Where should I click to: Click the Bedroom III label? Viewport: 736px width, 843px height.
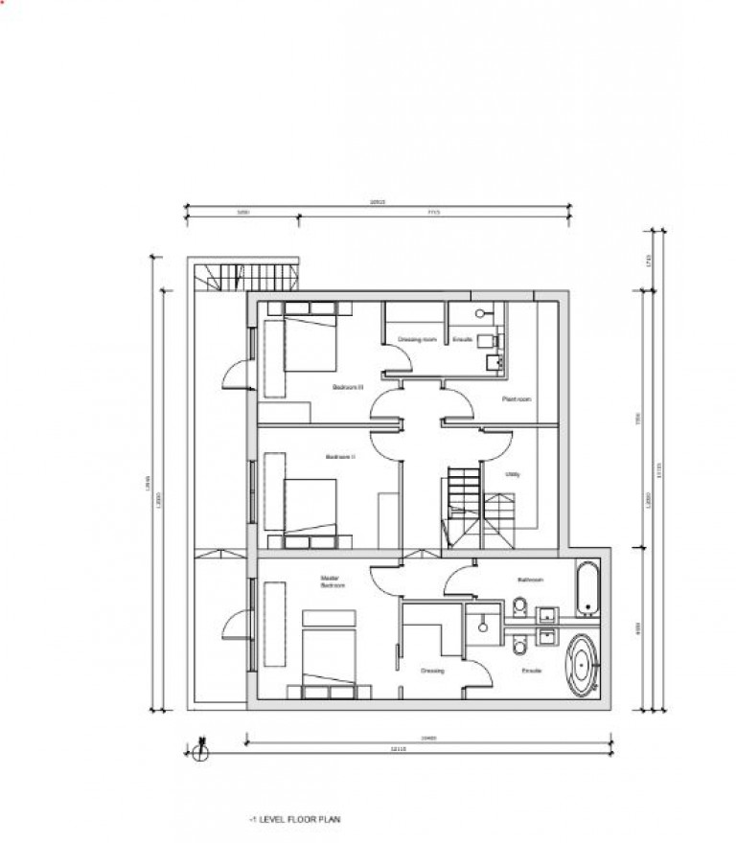point(347,387)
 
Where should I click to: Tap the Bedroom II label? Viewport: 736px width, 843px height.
point(340,457)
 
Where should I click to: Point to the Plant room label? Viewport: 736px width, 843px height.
point(517,399)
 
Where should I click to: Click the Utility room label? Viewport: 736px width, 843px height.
point(514,473)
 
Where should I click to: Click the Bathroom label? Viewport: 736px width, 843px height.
point(531,580)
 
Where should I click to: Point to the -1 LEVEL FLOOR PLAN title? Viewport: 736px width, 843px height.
point(293,821)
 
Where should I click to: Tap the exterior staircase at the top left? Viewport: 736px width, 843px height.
point(245,277)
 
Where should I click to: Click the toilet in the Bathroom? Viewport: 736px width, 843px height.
point(518,606)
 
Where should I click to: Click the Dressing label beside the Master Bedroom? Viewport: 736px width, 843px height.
point(432,671)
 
